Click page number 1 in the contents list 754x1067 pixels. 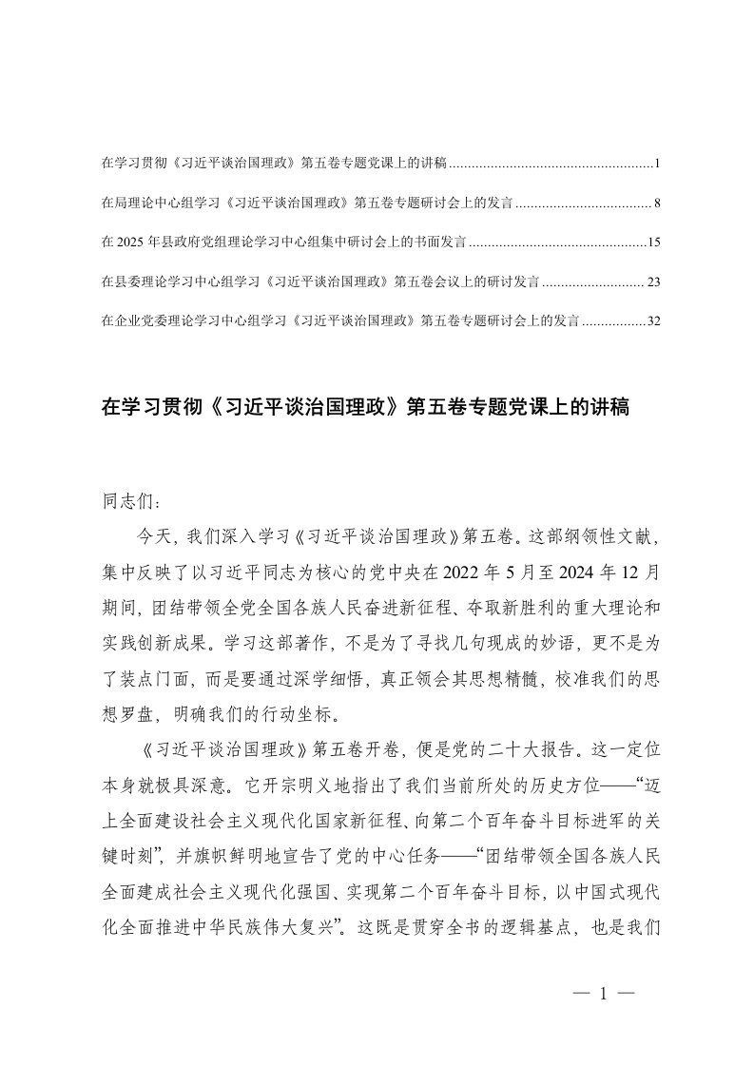pos(657,165)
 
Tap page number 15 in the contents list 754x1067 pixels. pos(653,243)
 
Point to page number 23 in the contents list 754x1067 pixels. pos(653,282)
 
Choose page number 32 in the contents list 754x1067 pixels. pos(653,321)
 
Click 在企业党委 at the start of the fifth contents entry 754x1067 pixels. pos(130,321)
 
